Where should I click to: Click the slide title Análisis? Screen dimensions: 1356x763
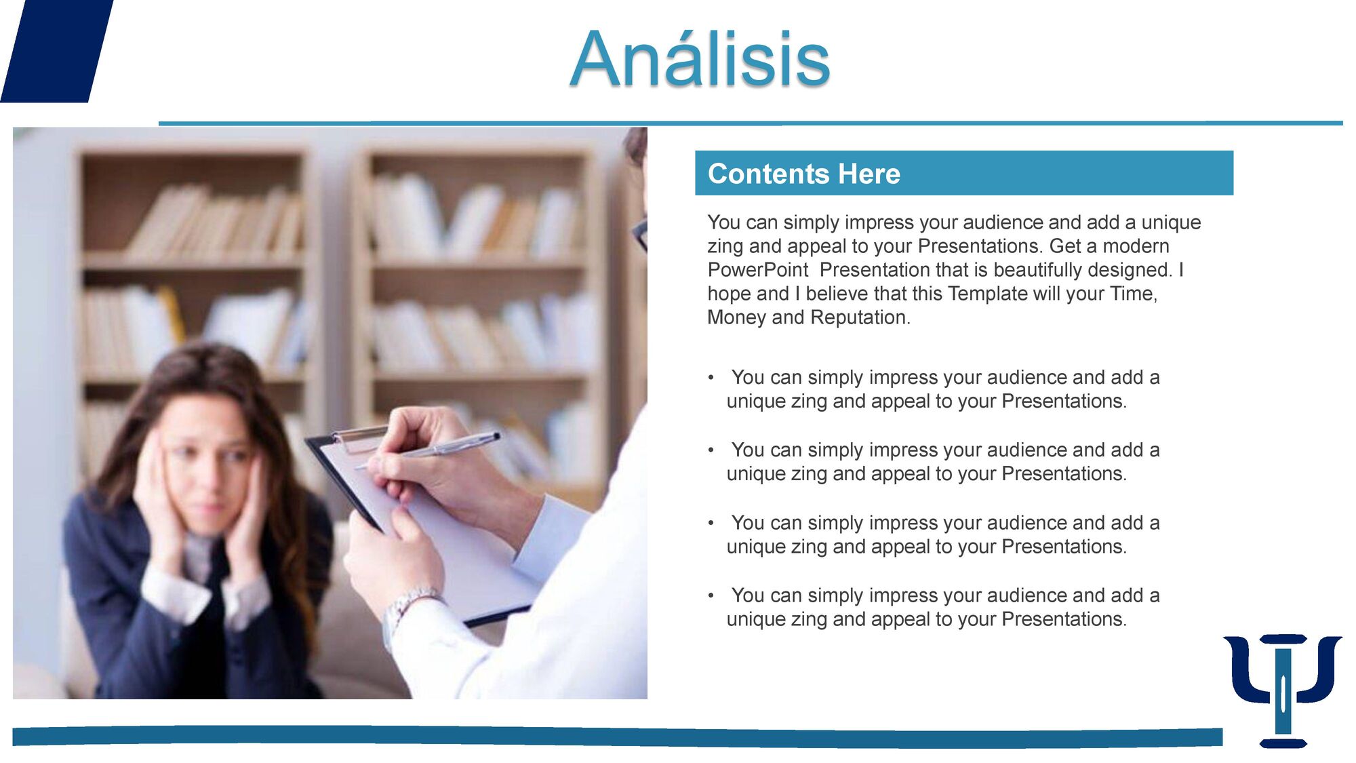coord(700,60)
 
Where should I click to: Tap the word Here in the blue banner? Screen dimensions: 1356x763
coord(869,174)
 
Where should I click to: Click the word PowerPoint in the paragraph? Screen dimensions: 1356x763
coord(758,270)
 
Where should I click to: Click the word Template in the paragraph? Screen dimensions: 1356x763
coord(987,294)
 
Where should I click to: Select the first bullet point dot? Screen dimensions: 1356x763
coord(711,377)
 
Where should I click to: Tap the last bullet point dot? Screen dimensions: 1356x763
coord(711,595)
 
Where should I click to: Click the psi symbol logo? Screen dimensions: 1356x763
coord(1283,690)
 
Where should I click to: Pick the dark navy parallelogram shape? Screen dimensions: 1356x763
coord(57,51)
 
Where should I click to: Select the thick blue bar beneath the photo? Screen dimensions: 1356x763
coord(617,737)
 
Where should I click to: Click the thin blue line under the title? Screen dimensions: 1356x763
coord(751,123)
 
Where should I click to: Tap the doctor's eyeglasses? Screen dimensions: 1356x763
coord(640,234)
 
